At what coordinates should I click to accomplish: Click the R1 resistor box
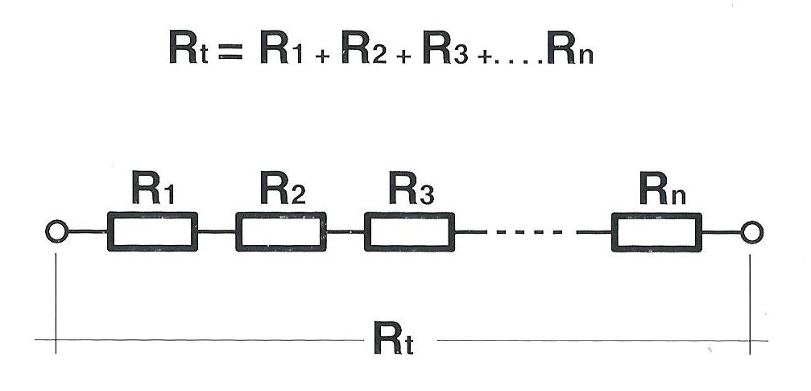(152, 232)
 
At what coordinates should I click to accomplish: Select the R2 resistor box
(281, 232)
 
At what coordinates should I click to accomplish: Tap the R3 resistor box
(409, 232)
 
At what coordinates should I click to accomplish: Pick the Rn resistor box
(656, 232)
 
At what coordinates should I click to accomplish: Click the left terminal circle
(56, 233)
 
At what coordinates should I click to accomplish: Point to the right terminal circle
(751, 233)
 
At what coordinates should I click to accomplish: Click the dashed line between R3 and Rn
(532, 233)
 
